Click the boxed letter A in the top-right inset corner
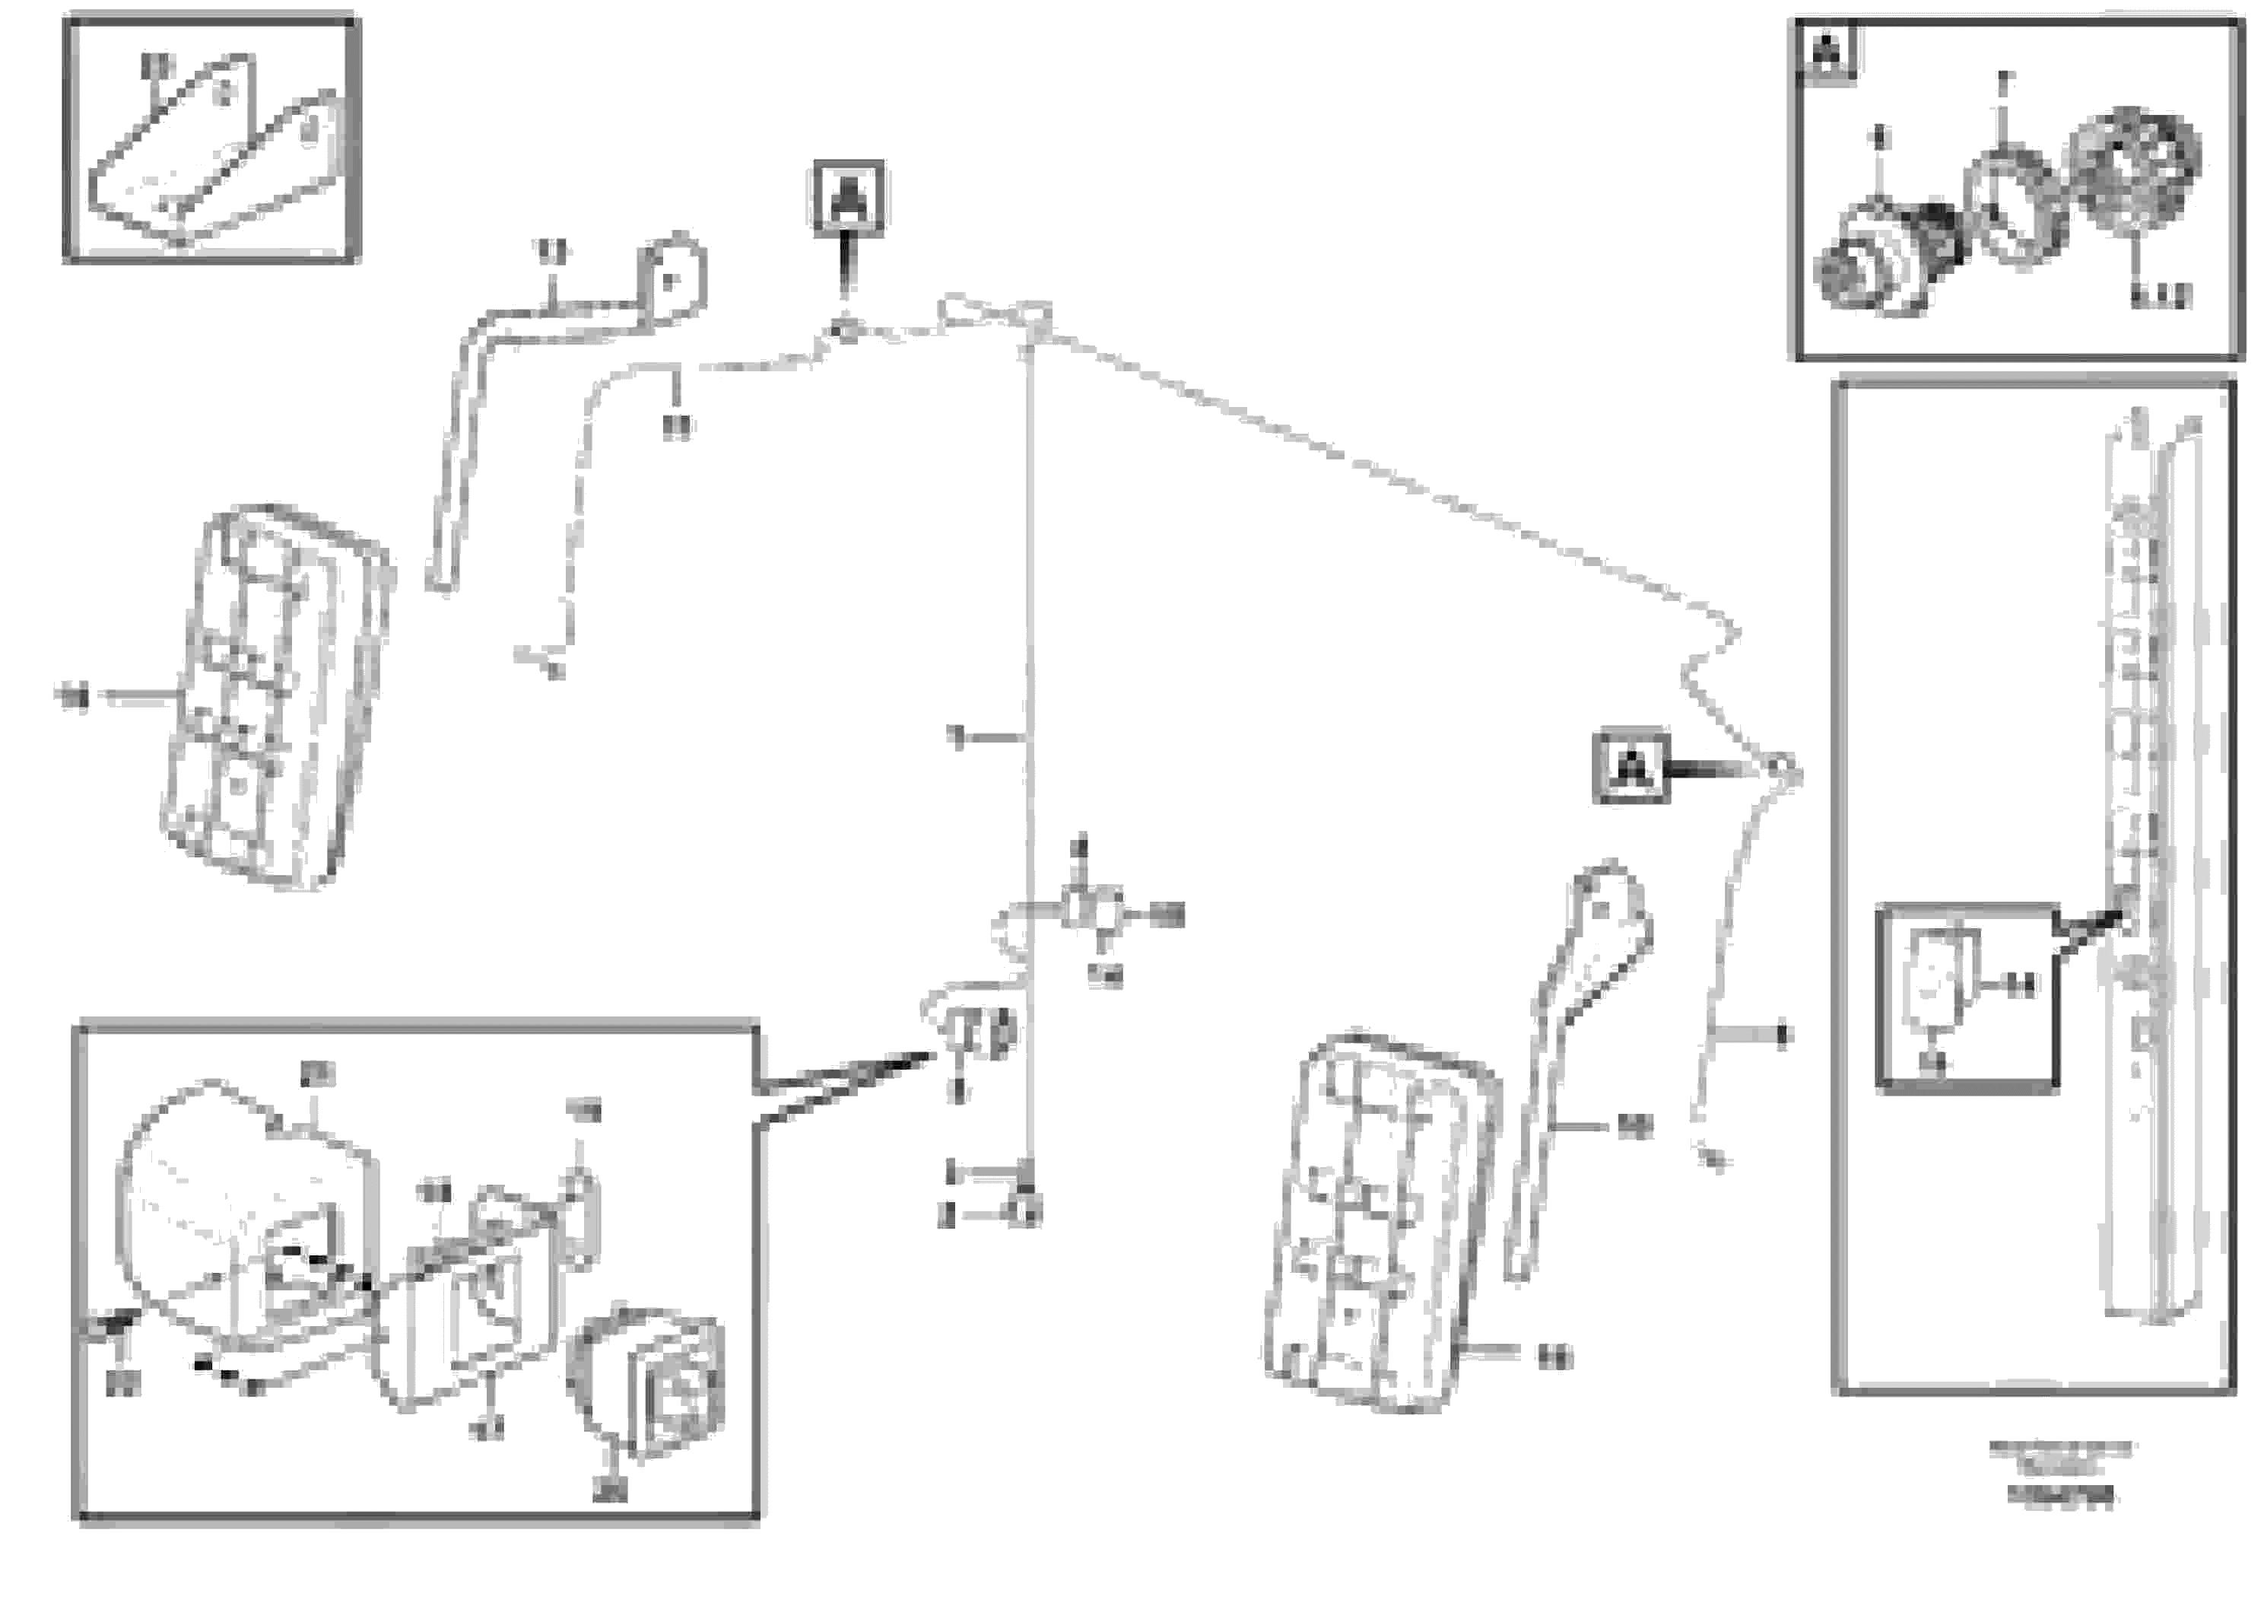pos(1828,50)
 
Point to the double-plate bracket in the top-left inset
pos(212,157)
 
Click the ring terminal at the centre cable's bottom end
pos(1025,1212)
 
